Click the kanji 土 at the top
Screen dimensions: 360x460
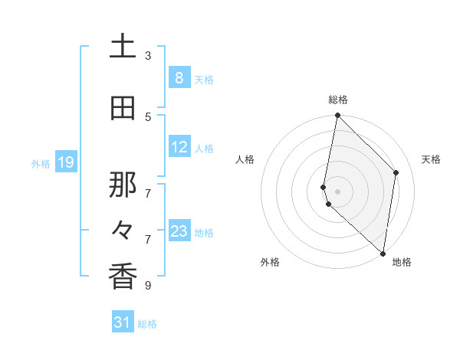tap(123, 47)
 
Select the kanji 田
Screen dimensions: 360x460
tap(123, 109)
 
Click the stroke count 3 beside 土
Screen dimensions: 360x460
tap(148, 55)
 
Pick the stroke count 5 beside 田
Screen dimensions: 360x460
tap(148, 116)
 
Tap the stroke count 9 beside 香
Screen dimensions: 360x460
tap(148, 286)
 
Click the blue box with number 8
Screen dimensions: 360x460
tap(179, 78)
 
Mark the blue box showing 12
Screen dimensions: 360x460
tap(179, 148)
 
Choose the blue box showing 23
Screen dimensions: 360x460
tap(179, 231)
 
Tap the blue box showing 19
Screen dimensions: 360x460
tap(66, 162)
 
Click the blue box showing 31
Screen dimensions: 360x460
tap(123, 322)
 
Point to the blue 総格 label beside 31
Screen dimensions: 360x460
tap(147, 324)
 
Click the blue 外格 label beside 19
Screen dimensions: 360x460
tap(41, 163)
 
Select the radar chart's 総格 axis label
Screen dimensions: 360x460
tap(338, 100)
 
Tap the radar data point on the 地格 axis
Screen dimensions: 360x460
tap(383, 253)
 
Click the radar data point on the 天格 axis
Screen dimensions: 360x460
tap(396, 172)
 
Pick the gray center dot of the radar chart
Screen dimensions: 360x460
tap(338, 191)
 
